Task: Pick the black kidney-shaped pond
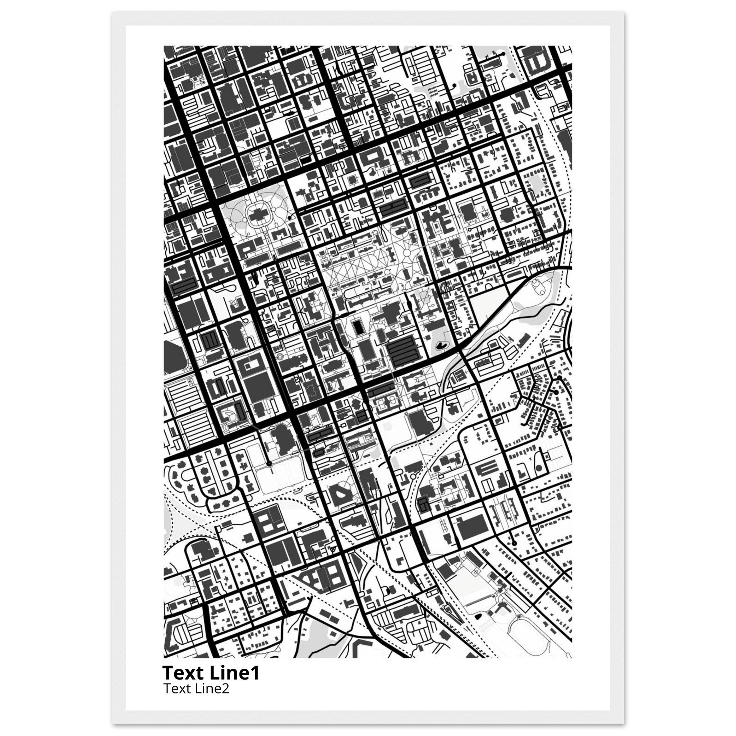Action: tap(442, 345)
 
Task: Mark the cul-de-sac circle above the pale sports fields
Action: tap(269, 464)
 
